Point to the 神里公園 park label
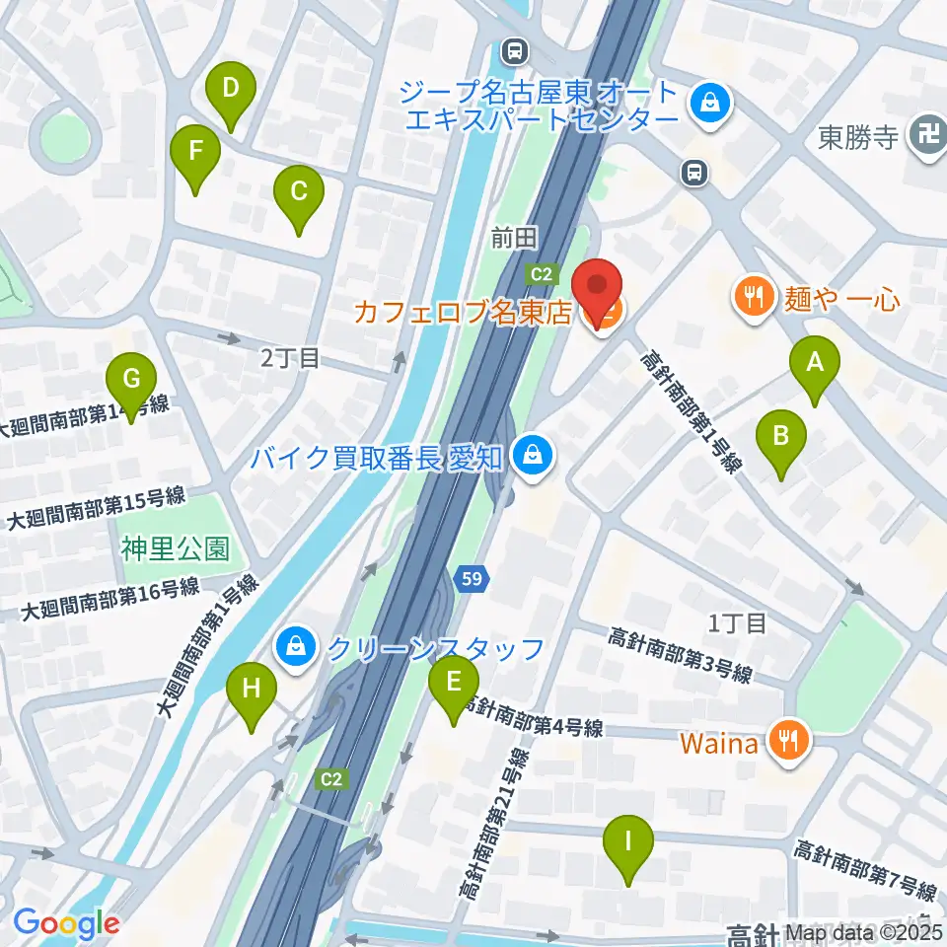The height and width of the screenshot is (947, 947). pyautogui.click(x=176, y=548)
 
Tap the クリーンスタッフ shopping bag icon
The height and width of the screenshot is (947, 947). pyautogui.click(x=295, y=648)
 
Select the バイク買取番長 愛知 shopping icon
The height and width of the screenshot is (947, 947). pyautogui.click(x=533, y=457)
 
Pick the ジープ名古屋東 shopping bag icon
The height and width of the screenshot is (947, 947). pyautogui.click(x=708, y=100)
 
